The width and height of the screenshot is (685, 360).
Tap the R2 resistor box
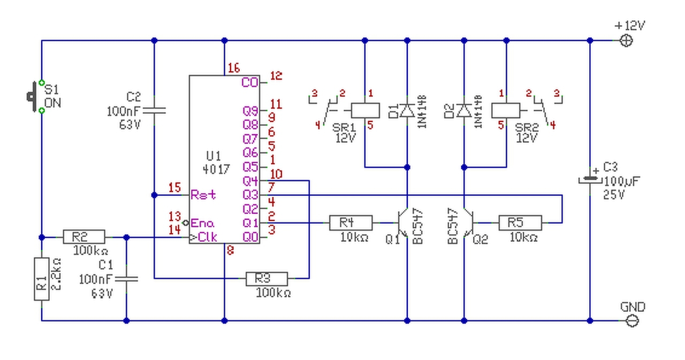pos(84,237)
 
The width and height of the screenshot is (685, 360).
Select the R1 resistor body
pos(42,279)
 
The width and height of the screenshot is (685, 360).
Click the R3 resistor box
pos(267,278)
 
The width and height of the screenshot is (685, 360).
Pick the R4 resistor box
pos(351,223)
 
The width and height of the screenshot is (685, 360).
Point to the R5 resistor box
pos(520,223)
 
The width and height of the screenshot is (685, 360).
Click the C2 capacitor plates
pos(155,110)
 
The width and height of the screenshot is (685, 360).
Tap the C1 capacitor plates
pos(127,279)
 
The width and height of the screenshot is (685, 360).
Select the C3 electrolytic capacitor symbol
pos(590,180)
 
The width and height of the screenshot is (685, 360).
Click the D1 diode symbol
pos(407,111)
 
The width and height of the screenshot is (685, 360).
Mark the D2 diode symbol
pos(464,111)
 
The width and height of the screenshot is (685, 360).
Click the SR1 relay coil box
pos(365,111)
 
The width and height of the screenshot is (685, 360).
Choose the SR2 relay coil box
pos(506,111)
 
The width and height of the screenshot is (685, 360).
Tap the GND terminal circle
pos(632,321)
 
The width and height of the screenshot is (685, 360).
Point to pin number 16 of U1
pos(233,68)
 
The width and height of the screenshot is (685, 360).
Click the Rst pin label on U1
pos(203,195)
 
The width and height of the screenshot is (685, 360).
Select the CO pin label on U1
pos(250,83)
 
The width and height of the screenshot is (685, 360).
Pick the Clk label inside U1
pos(207,237)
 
